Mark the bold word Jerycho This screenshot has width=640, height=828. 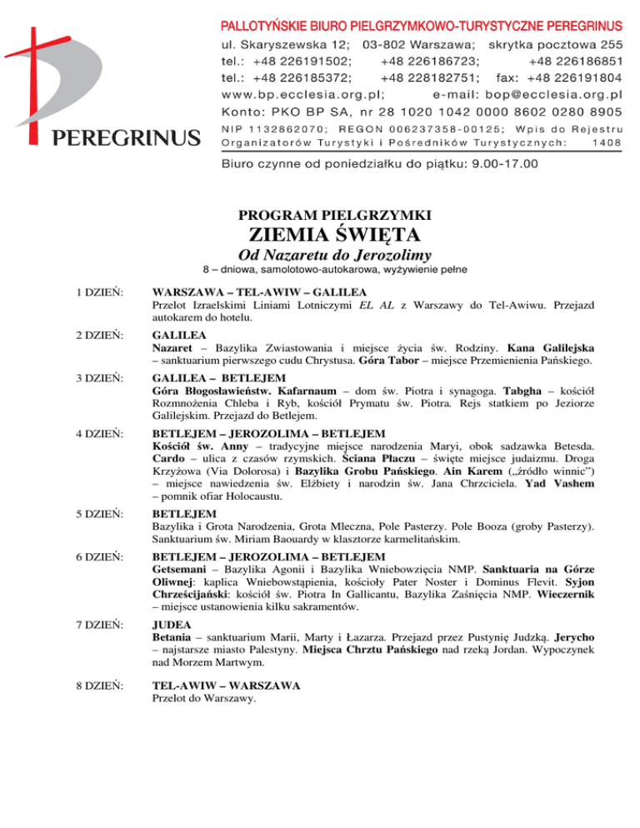(x=568, y=636)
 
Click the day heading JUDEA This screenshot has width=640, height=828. (x=173, y=623)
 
